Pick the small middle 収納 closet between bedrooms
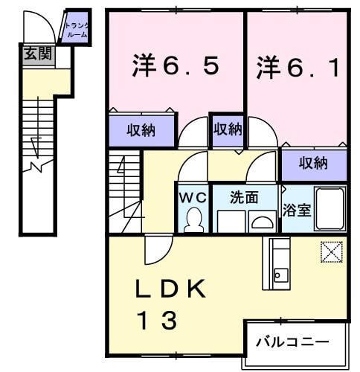coord(228,129)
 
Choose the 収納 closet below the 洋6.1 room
coord(314,161)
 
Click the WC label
coord(193,198)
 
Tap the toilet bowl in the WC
coord(194,219)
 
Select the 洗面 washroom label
coord(243,198)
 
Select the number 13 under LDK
coord(156,321)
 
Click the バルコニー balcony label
coord(292,342)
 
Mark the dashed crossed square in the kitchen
coord(331,251)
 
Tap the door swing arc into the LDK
coord(155,253)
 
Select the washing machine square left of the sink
coord(232,221)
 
